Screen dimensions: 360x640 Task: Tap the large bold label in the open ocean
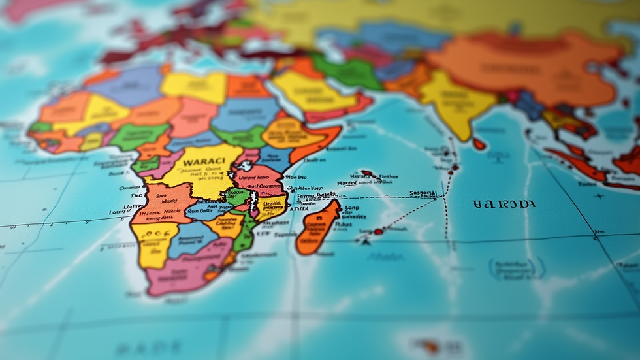pos(504,204)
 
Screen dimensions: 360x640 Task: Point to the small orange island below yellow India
pos(479,144)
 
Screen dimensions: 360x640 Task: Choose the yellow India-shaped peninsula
pos(457,105)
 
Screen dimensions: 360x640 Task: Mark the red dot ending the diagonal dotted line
pos(378,231)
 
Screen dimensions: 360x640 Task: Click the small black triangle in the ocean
pos(365,240)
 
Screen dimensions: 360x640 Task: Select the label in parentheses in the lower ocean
pos(516,268)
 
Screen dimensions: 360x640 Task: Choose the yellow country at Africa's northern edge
pos(193,86)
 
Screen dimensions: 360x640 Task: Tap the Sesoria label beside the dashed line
pos(423,193)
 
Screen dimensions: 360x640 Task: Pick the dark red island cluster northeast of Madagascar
pos(368,174)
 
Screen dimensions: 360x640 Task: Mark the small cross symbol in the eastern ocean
pos(599,195)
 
